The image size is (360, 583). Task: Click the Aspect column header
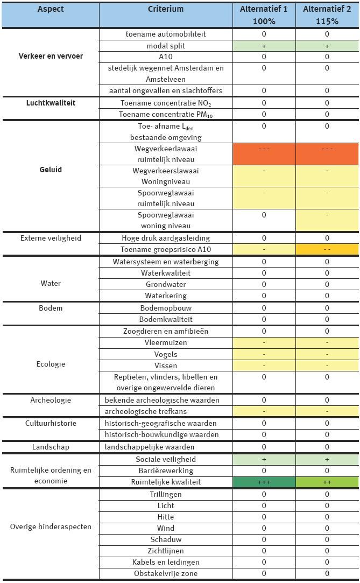[51, 9]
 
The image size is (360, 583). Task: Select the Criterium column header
[166, 9]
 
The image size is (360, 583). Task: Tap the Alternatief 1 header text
[264, 9]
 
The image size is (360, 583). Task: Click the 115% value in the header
[327, 22]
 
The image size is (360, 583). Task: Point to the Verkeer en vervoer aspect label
[51, 56]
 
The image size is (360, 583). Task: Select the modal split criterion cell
[166, 46]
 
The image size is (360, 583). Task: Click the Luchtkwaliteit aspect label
[51, 102]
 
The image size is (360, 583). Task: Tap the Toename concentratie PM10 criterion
[166, 114]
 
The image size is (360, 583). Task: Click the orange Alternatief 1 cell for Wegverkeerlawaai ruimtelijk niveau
[264, 154]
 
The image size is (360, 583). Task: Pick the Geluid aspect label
[51, 170]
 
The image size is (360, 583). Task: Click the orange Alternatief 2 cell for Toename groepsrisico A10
[327, 249]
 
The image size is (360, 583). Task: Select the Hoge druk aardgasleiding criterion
[166, 238]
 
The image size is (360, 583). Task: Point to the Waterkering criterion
[166, 296]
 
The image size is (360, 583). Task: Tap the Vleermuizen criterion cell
[166, 342]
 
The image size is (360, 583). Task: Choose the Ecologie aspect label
[51, 364]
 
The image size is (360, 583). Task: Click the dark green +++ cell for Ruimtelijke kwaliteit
[264, 482]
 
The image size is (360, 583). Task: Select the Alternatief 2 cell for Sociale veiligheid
[327, 459]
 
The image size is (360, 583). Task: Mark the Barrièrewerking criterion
[166, 470]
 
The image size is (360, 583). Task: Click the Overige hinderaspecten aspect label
[51, 526]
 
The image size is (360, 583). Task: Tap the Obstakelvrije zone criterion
[166, 573]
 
